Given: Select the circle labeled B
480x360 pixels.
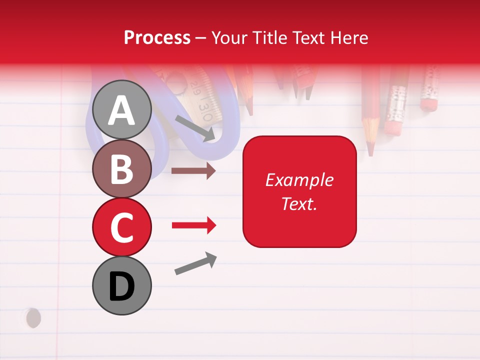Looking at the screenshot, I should point(121,168).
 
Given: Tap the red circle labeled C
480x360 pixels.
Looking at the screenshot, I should point(121,227).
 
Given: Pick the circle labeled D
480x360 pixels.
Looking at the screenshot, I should point(121,285).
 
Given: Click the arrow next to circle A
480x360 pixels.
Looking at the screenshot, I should point(195,128).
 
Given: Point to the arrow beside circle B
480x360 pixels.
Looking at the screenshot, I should point(193,171).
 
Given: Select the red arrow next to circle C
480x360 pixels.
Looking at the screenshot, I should point(193,225).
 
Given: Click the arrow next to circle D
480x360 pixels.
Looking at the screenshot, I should point(195,263).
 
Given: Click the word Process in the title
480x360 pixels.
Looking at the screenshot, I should point(157,38).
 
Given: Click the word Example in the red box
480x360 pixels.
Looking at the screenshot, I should point(299,180).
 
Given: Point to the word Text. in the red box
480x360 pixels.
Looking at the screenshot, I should point(299,203).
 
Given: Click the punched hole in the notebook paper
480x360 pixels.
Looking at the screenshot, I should point(33,317).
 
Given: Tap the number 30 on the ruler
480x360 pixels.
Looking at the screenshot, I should point(205,107).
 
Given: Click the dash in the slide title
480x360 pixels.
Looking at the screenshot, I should point(201,38).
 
